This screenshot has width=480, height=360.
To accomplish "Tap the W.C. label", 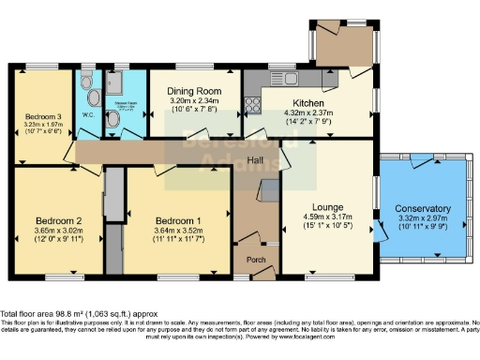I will pyautogui.click(x=88, y=117).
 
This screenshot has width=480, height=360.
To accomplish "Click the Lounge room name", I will pyautogui.click(x=322, y=209).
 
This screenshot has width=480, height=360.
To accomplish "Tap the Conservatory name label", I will pyautogui.click(x=422, y=208).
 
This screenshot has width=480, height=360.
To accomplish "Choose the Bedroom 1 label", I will pyautogui.click(x=178, y=211).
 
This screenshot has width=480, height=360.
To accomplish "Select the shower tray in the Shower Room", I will pyautogui.click(x=125, y=82).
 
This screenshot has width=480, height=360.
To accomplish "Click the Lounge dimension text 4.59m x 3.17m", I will pyautogui.click(x=322, y=218).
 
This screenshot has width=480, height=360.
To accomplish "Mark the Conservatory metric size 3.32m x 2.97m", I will pyautogui.click(x=422, y=217).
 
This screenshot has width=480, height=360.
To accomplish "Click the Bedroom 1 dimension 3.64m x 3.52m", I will pyautogui.click(x=178, y=220).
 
